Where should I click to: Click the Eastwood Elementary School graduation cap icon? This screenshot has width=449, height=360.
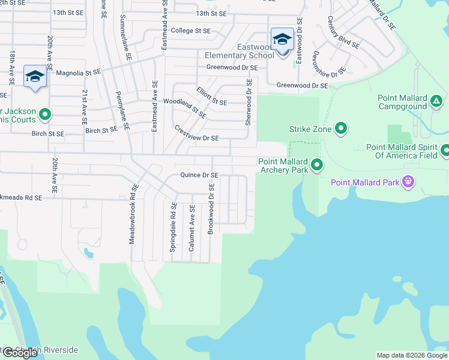tap(282, 40)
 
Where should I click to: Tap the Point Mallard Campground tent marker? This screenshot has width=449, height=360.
tap(436, 100)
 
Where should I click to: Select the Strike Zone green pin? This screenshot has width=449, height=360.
tap(341, 128)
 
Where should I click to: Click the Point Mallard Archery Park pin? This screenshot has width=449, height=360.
tap(317, 164)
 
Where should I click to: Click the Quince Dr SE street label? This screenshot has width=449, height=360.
tap(199, 175)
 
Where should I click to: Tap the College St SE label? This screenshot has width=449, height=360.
tap(191, 31)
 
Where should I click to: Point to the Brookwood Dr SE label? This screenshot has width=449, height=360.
tap(211, 209)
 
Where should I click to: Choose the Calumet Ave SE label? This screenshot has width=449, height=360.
tap(192, 225)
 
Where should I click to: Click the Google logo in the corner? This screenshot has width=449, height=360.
tap(20, 352)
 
